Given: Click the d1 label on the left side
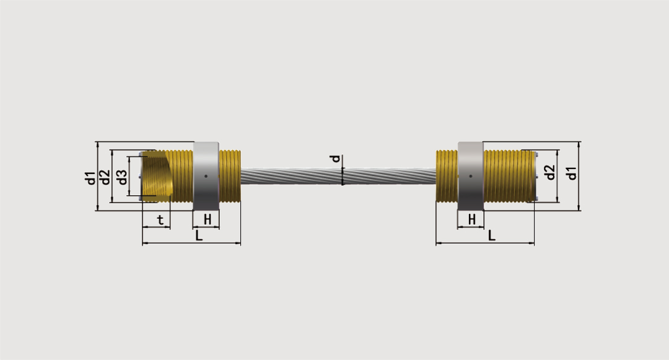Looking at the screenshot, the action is pos(90,178).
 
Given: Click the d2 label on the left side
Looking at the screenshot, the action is pos(105,177).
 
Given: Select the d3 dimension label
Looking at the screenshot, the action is pos(122,177).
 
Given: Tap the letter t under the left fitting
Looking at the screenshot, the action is pos(160,220).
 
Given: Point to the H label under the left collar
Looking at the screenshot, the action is pos(208,220).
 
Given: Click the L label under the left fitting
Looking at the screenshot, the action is pos(199,235).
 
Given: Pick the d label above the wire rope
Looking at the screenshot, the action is pos(336,159).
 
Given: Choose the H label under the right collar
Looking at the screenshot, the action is pos(472,220).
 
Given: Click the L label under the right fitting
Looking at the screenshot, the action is pos(491,235).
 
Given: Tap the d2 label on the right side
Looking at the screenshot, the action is pos(551,172).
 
